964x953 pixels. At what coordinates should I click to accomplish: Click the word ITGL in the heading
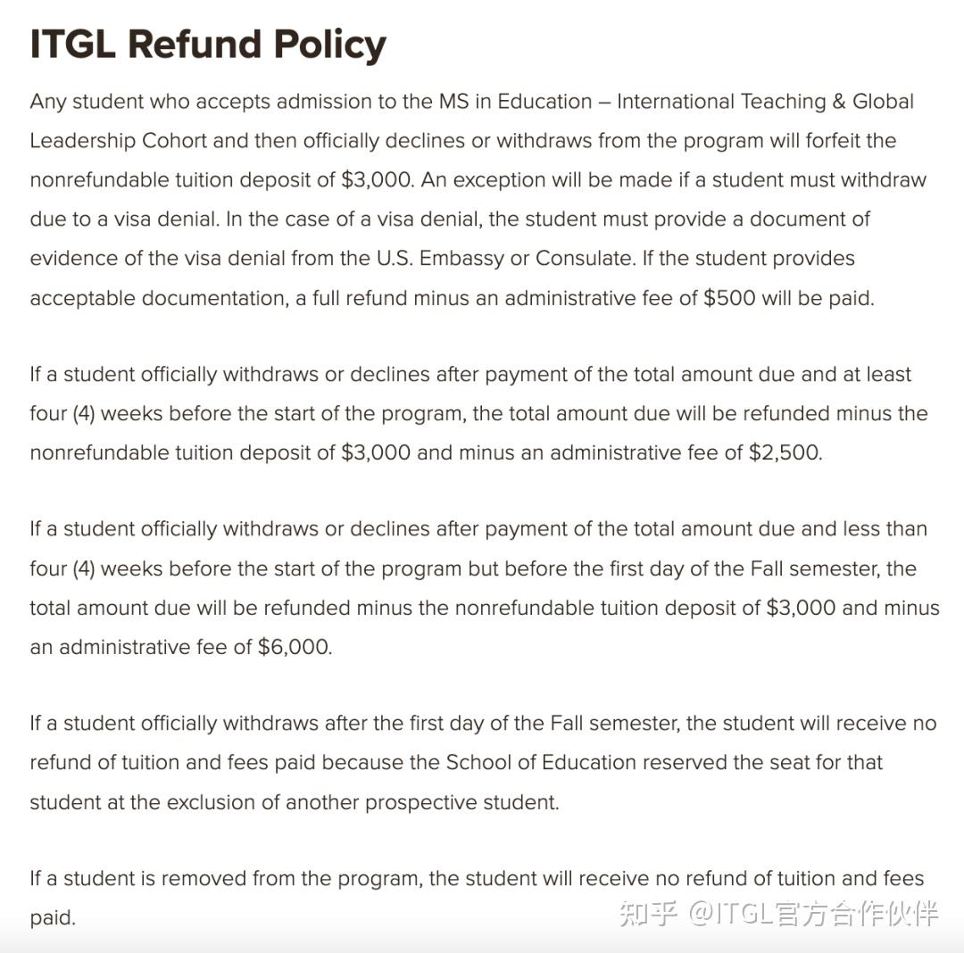click(x=72, y=44)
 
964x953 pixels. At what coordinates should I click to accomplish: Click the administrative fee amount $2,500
click(x=785, y=452)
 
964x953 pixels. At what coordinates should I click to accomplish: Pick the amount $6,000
click(x=294, y=647)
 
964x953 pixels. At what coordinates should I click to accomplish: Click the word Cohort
click(x=176, y=141)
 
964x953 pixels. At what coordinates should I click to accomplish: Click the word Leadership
click(x=83, y=141)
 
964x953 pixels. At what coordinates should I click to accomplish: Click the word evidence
click(x=68, y=259)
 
